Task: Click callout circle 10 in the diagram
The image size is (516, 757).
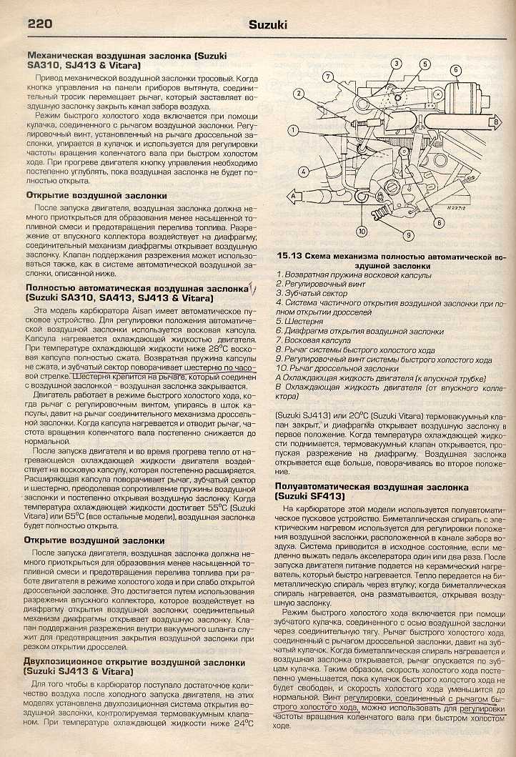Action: coord(362,231)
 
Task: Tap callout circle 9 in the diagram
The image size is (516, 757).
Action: coord(409,234)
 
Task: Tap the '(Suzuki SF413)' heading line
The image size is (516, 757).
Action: coord(309,495)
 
